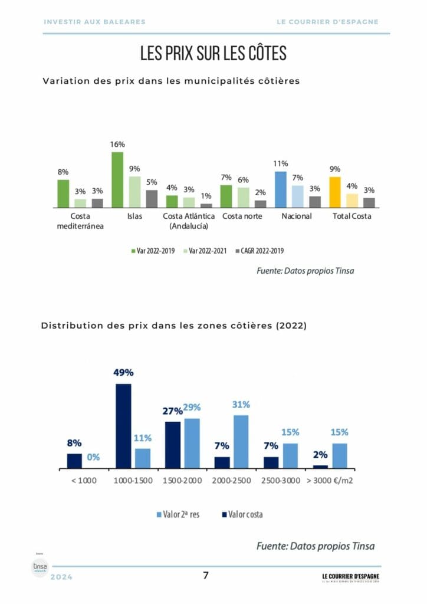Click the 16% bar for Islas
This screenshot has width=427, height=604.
pyautogui.click(x=117, y=179)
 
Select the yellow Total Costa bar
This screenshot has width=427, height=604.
pyautogui.click(x=335, y=192)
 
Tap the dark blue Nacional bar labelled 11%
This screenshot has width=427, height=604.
pyautogui.click(x=280, y=189)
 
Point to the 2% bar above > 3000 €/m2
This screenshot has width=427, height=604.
pyautogui.click(x=320, y=467)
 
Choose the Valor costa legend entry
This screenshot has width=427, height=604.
pyautogui.click(x=242, y=514)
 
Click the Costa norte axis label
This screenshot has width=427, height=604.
pyautogui.click(x=242, y=216)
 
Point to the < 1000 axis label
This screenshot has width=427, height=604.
pyautogui.click(x=83, y=480)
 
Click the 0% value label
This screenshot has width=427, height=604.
pyautogui.click(x=94, y=457)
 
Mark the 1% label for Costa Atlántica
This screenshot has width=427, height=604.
pyautogui.click(x=206, y=196)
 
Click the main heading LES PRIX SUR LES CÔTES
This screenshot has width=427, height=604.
pyautogui.click(x=213, y=53)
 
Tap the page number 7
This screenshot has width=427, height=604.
pyautogui.click(x=206, y=576)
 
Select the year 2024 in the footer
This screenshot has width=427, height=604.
pyautogui.click(x=62, y=577)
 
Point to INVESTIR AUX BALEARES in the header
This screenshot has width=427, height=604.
pyautogui.click(x=94, y=22)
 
